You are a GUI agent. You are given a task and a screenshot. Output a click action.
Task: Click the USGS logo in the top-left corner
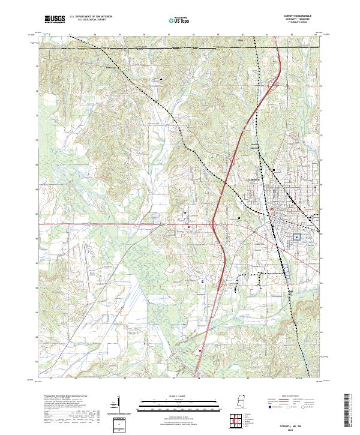coord(55,19)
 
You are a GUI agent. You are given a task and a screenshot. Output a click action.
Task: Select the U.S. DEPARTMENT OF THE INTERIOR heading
coord(91,17)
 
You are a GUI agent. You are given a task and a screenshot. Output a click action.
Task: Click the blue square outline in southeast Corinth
coord(296,238)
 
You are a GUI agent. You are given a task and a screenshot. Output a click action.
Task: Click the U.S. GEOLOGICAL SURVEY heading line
coord(91,21)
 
